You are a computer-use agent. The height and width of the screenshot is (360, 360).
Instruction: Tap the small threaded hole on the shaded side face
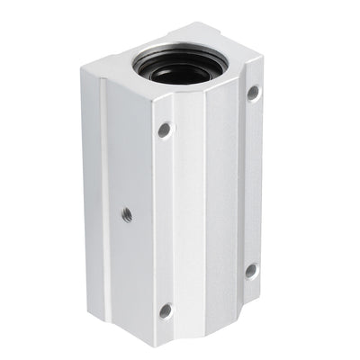pyautogui.click(x=127, y=214)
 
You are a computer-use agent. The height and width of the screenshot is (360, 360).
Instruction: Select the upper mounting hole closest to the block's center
pyautogui.click(x=165, y=130)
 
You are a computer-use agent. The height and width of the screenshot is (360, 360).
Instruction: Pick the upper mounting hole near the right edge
pyautogui.click(x=253, y=92)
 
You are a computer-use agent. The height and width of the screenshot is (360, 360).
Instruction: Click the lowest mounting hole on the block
pyautogui.click(x=166, y=310)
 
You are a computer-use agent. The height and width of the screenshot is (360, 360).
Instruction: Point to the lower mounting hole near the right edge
pyautogui.click(x=251, y=269)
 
